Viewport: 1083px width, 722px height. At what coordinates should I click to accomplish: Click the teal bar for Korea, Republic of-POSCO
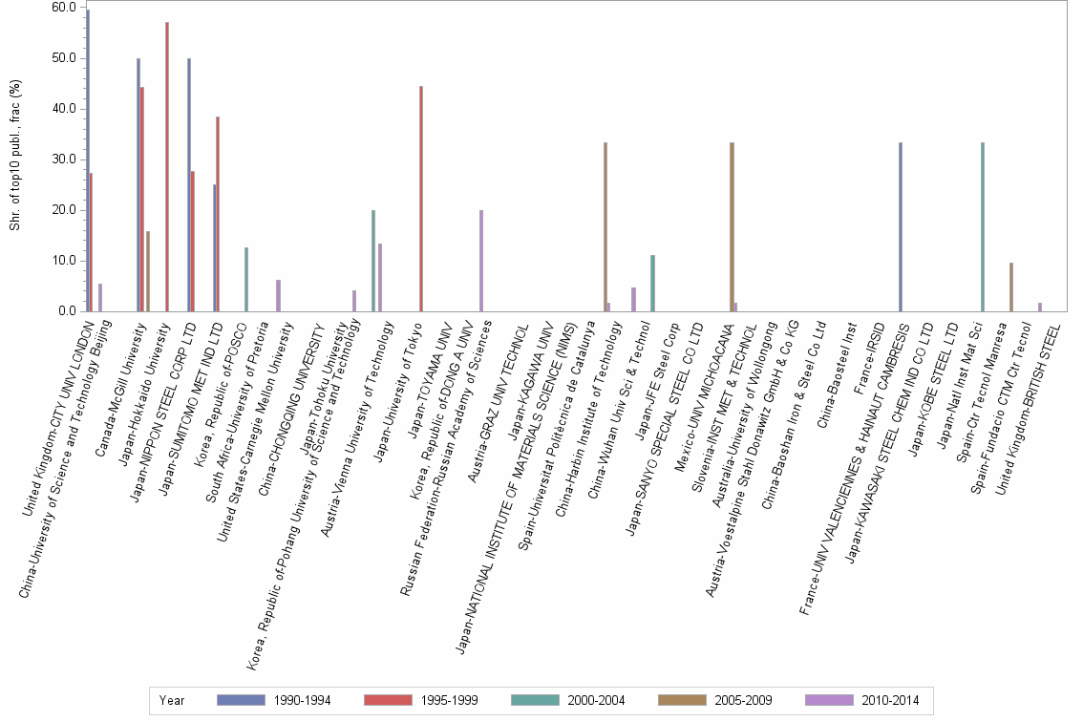click(246, 280)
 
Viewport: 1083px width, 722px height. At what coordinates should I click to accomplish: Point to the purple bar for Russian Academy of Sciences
click(481, 261)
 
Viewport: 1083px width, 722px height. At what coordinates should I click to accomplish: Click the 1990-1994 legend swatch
click(244, 700)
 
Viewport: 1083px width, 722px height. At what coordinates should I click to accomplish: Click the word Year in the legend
click(173, 700)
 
